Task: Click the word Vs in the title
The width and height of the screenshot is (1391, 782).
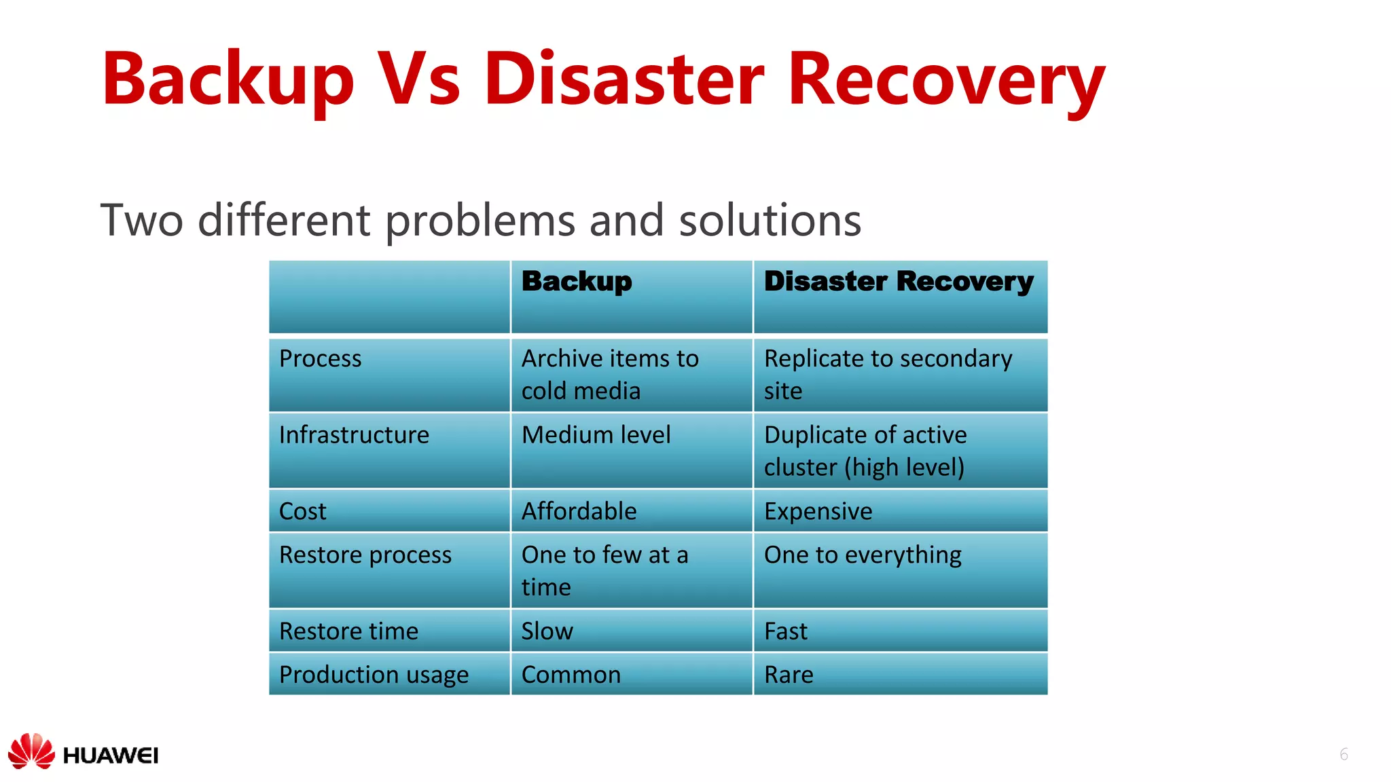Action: coord(418,80)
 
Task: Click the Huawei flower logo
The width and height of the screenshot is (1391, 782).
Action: coord(31,751)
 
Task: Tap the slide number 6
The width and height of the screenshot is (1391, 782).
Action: coord(1343,754)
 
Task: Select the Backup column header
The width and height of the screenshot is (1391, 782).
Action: coord(577,282)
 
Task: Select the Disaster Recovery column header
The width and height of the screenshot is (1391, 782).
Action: coord(899,282)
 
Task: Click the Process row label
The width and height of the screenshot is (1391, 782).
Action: coord(320,358)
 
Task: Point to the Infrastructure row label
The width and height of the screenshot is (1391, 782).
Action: coord(354,435)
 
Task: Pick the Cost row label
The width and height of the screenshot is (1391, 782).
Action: coord(302,511)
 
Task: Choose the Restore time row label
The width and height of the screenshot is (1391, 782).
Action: coord(348,631)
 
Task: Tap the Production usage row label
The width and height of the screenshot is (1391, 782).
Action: coord(374,675)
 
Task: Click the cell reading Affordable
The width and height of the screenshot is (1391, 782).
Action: coord(579,511)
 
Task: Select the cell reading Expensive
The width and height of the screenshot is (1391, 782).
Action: coord(818,511)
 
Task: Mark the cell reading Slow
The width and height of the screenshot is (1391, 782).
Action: coord(547,631)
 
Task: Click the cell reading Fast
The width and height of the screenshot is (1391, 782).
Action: coord(785,631)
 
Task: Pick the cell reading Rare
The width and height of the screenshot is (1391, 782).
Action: coord(788,675)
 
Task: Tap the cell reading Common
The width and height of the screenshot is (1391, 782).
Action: coord(571,675)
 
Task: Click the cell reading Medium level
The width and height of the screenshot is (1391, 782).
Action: coord(596,435)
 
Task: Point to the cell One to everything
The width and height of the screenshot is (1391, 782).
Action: coord(863,555)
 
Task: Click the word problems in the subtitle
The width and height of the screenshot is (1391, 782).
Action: coord(480,221)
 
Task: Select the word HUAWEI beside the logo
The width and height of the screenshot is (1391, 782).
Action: coord(110,756)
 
